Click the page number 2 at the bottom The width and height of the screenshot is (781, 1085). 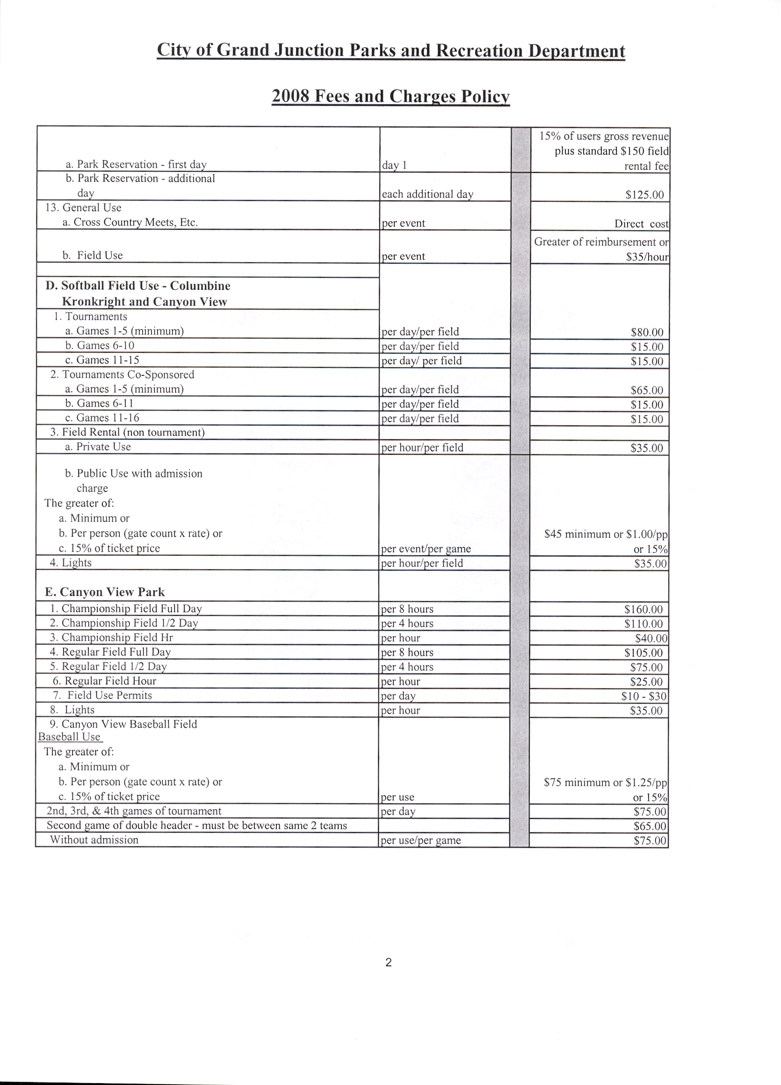pos(388,962)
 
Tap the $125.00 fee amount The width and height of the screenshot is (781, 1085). pos(644,195)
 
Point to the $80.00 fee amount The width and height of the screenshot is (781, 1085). pos(647,332)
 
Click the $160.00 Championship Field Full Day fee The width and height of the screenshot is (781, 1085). pos(644,609)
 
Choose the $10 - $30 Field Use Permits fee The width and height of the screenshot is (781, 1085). pos(644,696)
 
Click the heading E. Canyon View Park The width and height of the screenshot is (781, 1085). pos(105,592)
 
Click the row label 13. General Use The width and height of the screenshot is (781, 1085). pos(83,208)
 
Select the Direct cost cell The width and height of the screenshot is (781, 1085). pos(641,223)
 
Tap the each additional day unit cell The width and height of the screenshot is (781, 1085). pos(427,194)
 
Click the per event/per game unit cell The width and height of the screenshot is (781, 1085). pos(426,549)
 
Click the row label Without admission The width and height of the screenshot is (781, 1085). pos(94,840)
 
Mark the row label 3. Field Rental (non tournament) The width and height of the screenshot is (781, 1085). pos(127,433)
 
